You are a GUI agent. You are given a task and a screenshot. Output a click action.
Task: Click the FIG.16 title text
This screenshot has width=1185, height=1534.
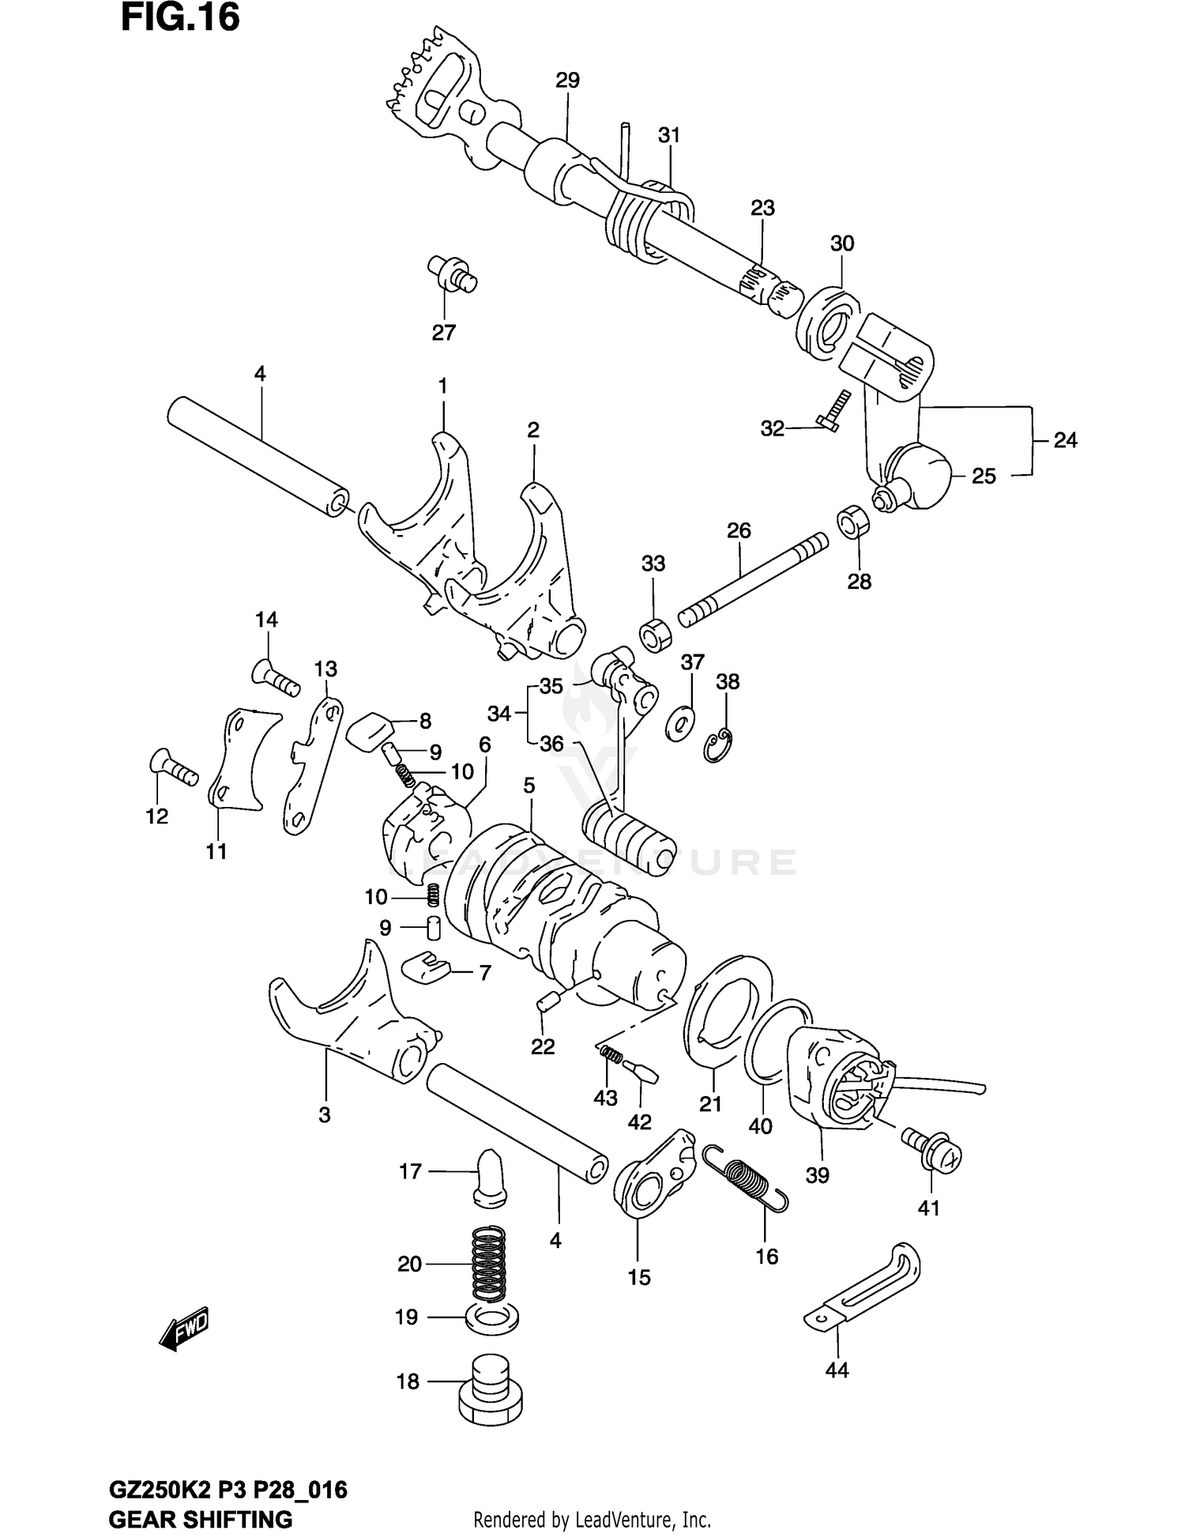coord(180,19)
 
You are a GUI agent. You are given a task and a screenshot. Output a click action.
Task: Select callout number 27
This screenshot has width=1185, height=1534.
coord(443,333)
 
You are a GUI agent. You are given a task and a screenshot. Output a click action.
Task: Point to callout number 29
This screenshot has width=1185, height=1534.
coord(567,80)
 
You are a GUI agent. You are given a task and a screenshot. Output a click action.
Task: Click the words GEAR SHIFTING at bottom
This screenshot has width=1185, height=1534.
coord(200,1519)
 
